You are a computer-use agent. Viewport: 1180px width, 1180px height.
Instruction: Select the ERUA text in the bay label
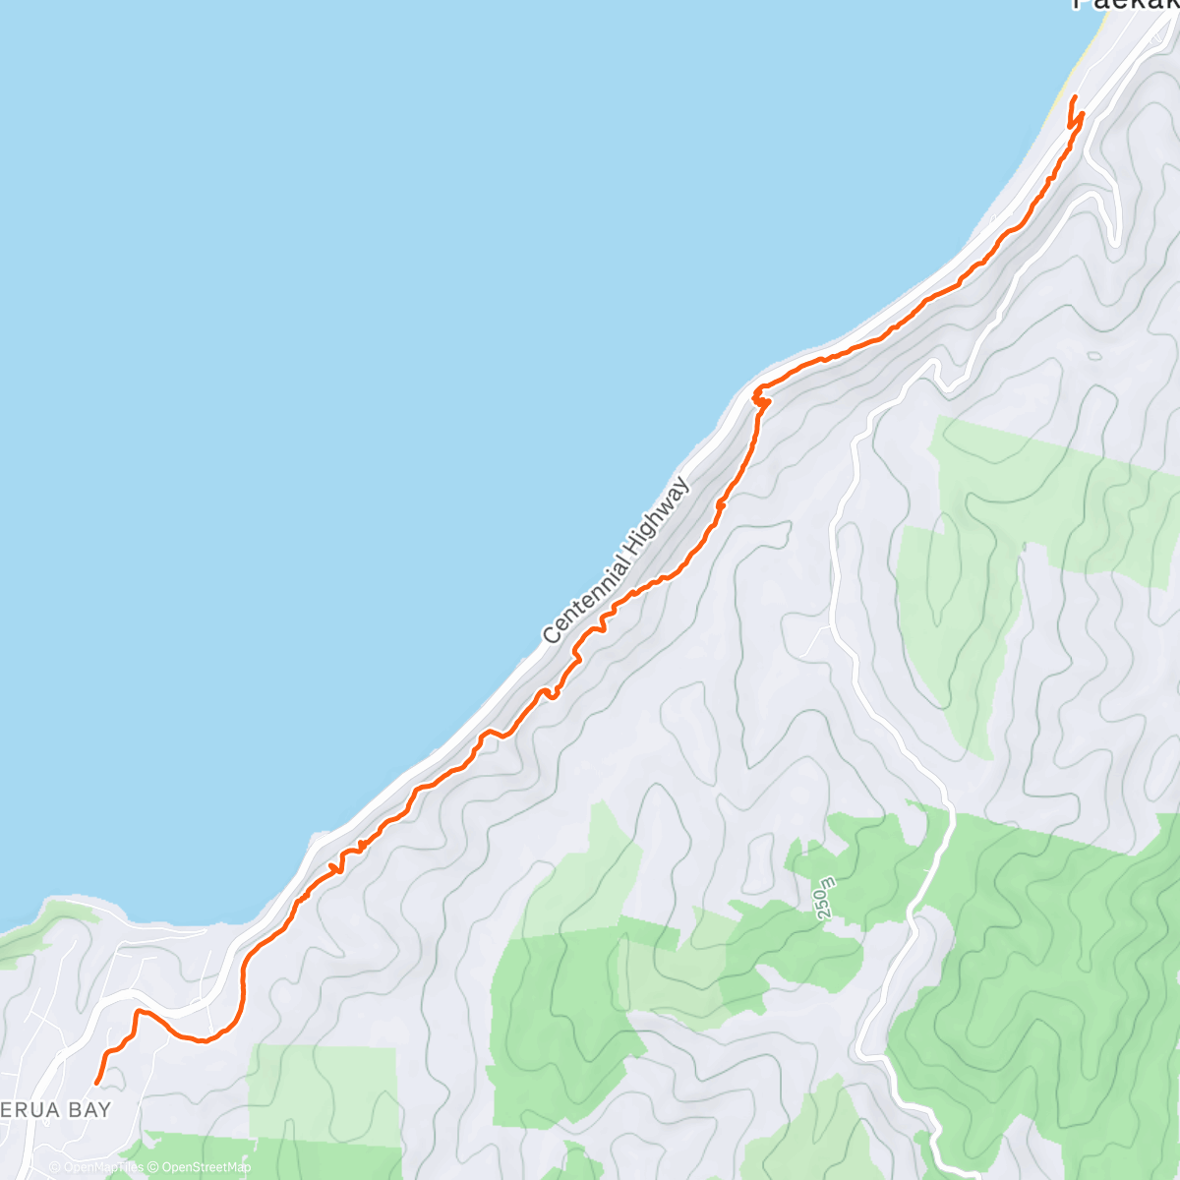click(x=29, y=1109)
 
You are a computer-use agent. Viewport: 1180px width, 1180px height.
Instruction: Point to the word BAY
click(x=88, y=1109)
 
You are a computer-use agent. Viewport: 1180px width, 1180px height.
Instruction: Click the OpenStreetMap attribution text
click(x=206, y=1167)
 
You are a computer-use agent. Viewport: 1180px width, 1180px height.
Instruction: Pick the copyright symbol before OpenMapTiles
click(x=55, y=1167)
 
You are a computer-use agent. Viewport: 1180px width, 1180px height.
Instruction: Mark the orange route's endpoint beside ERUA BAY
click(x=96, y=1083)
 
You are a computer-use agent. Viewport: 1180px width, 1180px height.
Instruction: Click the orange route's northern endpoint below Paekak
click(x=1073, y=96)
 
